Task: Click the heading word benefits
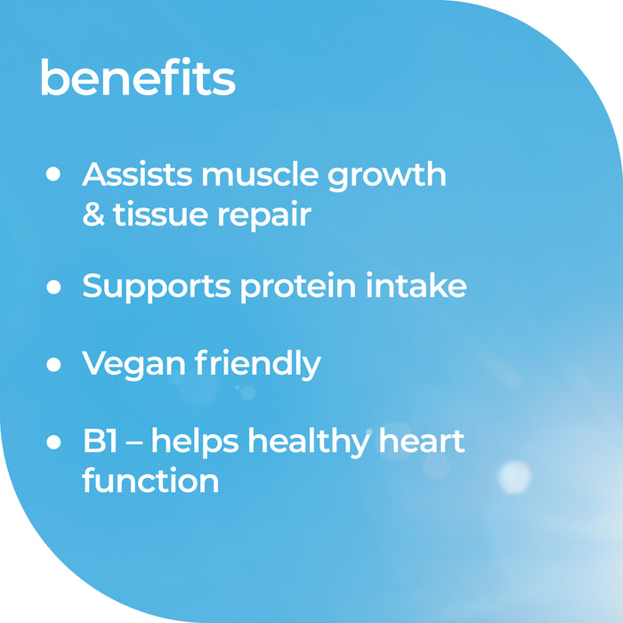click(137, 78)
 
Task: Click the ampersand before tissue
click(93, 215)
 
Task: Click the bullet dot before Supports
click(53, 287)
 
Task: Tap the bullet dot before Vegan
click(53, 364)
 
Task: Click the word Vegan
click(128, 365)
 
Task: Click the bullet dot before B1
click(53, 441)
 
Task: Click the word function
click(150, 481)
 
